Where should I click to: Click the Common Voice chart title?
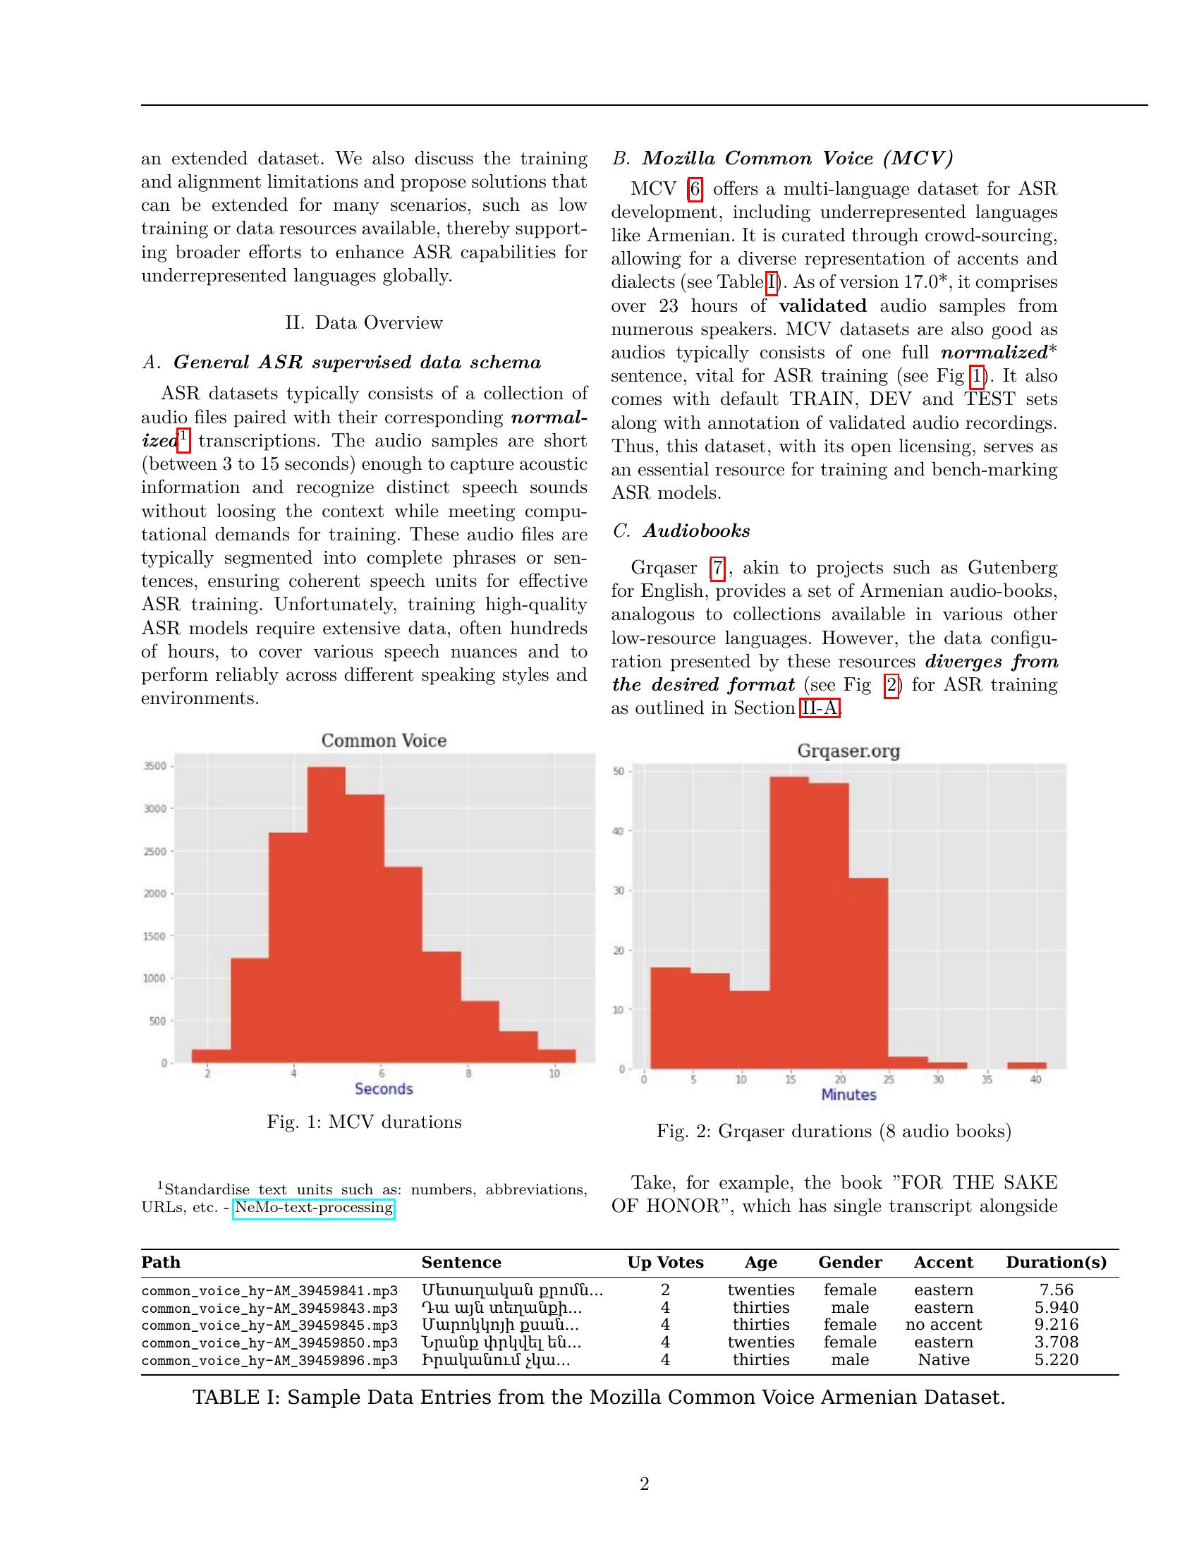point(384,741)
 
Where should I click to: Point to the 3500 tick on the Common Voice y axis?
point(155,766)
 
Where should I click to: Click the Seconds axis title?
point(384,1089)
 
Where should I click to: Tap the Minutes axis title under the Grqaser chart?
point(848,1094)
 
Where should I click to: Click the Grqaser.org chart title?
point(848,751)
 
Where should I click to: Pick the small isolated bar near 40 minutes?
point(1026,1065)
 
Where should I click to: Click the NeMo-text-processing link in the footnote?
point(313,1207)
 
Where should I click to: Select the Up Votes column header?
point(665,1262)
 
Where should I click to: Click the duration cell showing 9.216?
point(1057,1325)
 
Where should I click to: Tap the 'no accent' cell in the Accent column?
point(943,1325)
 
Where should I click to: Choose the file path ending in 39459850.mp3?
point(269,1342)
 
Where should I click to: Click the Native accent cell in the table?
point(943,1359)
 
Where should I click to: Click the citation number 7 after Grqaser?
point(718,568)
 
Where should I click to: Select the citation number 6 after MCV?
point(695,189)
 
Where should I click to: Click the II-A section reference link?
point(820,708)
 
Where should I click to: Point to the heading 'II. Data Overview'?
point(364,322)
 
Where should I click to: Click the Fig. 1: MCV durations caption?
point(364,1122)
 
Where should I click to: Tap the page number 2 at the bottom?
point(644,1484)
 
